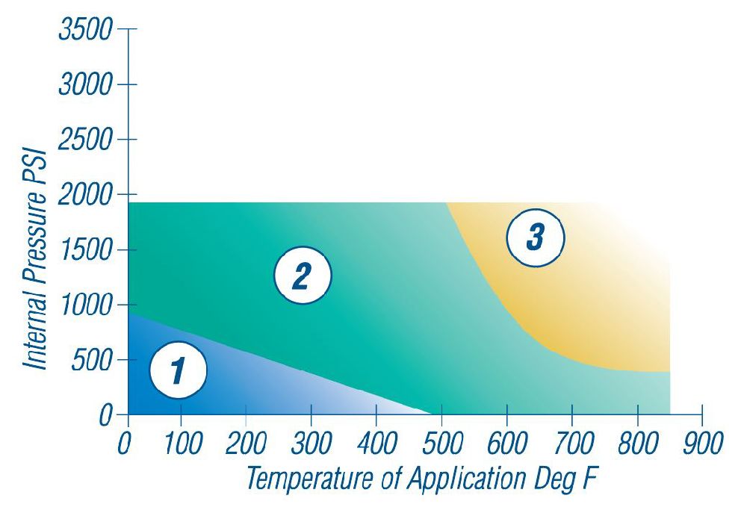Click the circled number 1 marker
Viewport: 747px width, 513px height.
pyautogui.click(x=178, y=369)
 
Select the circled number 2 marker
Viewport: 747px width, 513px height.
pyautogui.click(x=301, y=276)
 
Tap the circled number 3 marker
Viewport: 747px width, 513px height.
pyautogui.click(x=535, y=237)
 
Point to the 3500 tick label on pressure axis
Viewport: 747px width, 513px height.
pyautogui.click(x=84, y=31)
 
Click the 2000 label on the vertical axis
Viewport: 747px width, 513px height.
pyautogui.click(x=84, y=196)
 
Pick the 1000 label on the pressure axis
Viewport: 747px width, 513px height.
pyautogui.click(x=84, y=306)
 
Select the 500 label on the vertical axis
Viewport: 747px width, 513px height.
pyautogui.click(x=93, y=361)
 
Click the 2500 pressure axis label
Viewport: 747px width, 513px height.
pyautogui.click(x=84, y=140)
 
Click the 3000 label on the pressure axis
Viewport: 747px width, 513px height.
pyautogui.click(x=84, y=85)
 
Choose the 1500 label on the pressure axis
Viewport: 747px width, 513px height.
pyautogui.click(x=84, y=251)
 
